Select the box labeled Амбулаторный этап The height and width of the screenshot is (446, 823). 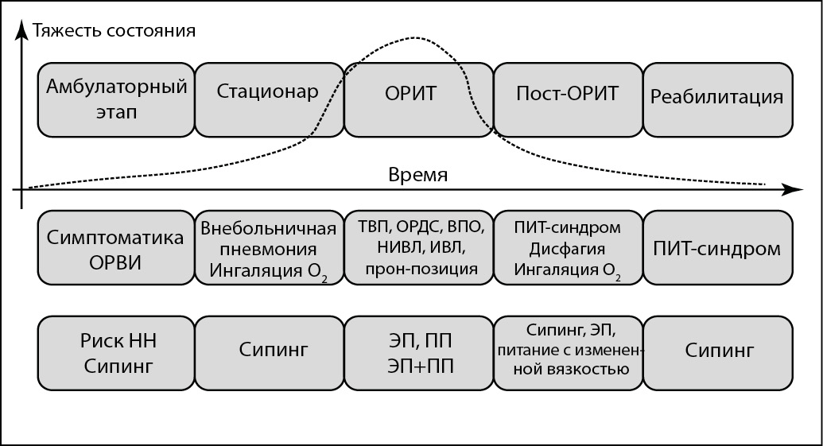click(117, 99)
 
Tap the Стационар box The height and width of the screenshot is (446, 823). click(268, 99)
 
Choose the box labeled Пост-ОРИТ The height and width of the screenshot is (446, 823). click(567, 99)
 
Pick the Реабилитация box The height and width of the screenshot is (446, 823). click(716, 99)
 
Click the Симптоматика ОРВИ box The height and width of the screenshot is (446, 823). click(117, 248)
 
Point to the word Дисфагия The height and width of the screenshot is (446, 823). click(567, 248)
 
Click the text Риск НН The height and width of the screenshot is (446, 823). click(117, 342)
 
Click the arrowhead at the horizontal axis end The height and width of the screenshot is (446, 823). click(792, 189)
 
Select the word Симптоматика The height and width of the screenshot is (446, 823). click(117, 238)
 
